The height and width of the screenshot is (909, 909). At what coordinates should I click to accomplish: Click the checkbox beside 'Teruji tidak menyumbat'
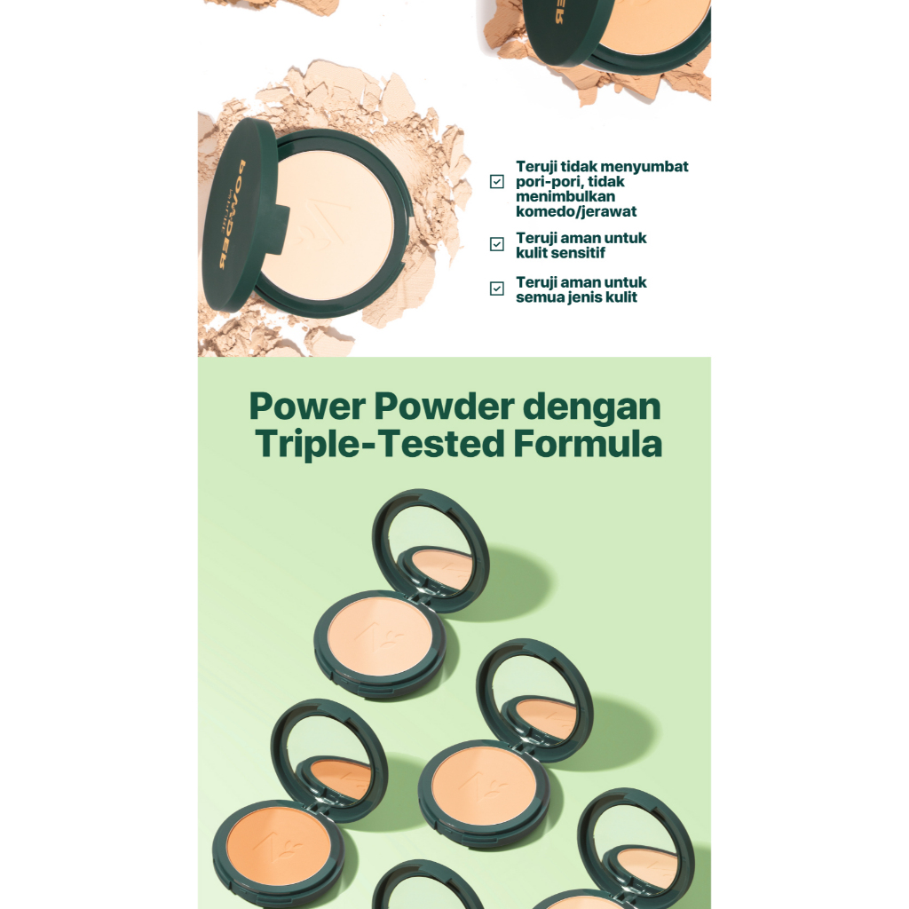pos(497,181)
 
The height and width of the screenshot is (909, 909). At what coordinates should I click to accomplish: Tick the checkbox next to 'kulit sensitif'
pos(497,244)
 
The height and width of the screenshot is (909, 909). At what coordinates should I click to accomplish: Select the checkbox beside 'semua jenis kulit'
pos(497,289)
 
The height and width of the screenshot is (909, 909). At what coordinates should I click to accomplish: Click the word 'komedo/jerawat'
pos(576,211)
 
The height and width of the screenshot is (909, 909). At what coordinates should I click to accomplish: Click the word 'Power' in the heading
pos(307,406)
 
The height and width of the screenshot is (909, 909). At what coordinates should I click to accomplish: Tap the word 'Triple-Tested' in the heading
pos(380,446)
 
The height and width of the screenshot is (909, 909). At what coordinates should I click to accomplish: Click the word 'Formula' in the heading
pos(588,444)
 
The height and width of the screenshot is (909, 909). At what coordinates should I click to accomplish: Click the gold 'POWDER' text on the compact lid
pos(232,215)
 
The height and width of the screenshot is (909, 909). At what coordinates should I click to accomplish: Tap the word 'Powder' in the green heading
pos(444,406)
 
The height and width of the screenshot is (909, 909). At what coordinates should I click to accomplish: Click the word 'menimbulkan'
pos(565,196)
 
